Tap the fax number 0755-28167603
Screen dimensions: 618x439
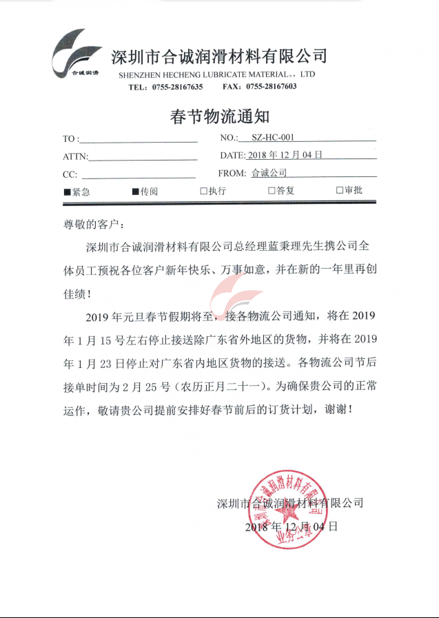[x=271, y=87]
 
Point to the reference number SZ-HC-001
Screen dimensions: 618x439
[x=273, y=138]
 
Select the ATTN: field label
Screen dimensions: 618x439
[x=75, y=156]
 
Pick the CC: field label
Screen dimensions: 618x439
[x=70, y=174]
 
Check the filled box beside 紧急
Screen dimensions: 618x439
[x=66, y=192]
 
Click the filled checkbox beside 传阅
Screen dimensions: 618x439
[x=136, y=192]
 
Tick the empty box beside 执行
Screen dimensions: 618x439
[x=204, y=191]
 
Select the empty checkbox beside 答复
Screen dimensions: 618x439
[x=272, y=191]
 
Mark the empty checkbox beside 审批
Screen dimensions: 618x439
[x=340, y=191]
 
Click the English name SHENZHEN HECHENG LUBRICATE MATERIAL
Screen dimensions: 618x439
[x=207, y=74]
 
